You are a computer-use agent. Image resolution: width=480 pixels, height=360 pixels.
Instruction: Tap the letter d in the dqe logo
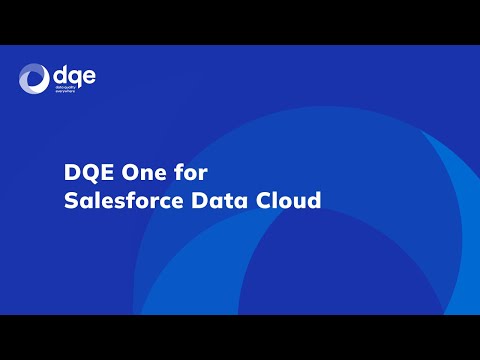[59, 75]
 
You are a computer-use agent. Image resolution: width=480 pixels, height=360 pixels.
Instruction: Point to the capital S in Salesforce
[70, 200]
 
